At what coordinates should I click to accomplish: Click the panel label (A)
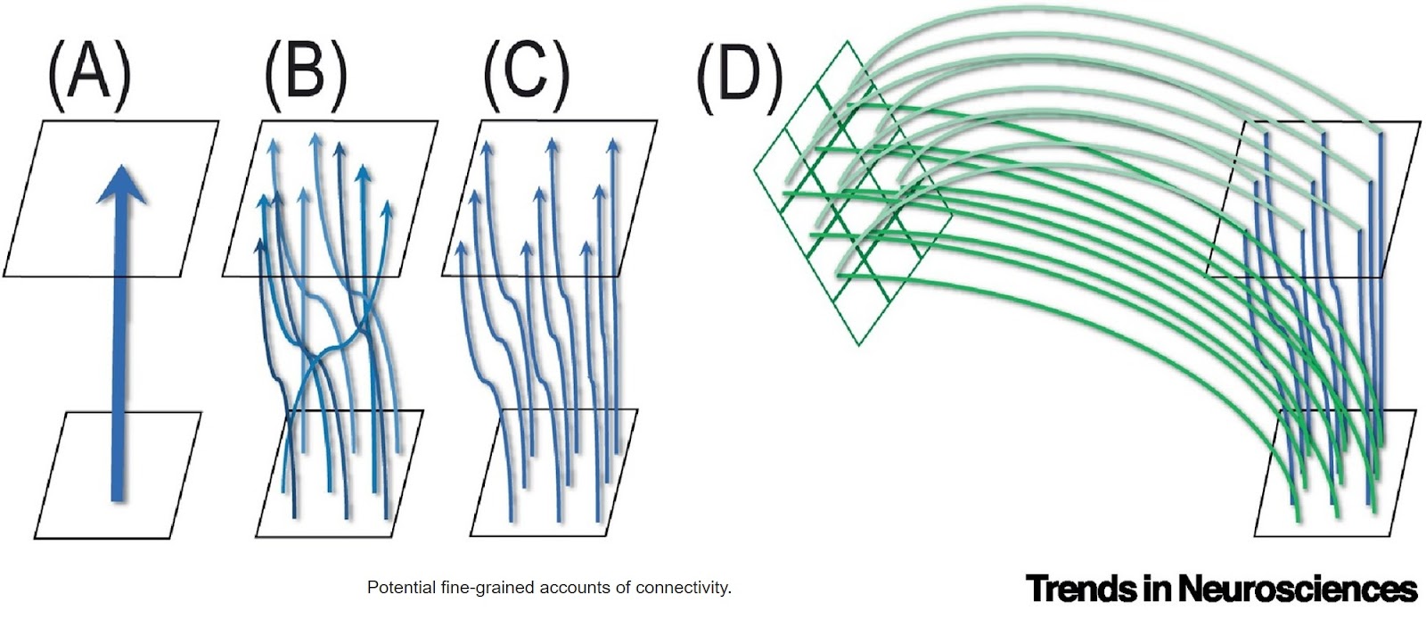click(89, 76)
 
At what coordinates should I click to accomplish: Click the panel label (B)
click(306, 76)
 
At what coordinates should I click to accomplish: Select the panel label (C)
click(525, 76)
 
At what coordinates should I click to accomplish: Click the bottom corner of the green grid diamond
click(857, 345)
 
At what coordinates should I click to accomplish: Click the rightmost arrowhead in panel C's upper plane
click(613, 145)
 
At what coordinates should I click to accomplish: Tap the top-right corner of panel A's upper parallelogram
click(218, 121)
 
